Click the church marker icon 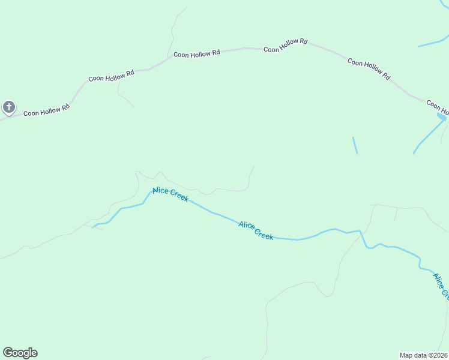tap(8, 107)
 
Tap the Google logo tap(20, 353)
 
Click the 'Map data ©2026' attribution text tap(423, 355)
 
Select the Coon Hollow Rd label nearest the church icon tap(47, 110)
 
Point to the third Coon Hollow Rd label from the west tap(196, 53)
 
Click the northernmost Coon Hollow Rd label tap(286, 46)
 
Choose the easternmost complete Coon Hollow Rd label tap(369, 69)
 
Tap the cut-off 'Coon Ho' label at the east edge tap(438, 107)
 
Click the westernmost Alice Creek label tap(170, 195)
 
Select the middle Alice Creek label tap(256, 230)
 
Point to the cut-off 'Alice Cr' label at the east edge tap(441, 285)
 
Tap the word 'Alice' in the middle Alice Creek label tap(247, 226)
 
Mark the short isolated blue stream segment tap(355, 145)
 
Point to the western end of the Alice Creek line tap(94, 227)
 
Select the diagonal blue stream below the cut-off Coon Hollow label tap(429, 136)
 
